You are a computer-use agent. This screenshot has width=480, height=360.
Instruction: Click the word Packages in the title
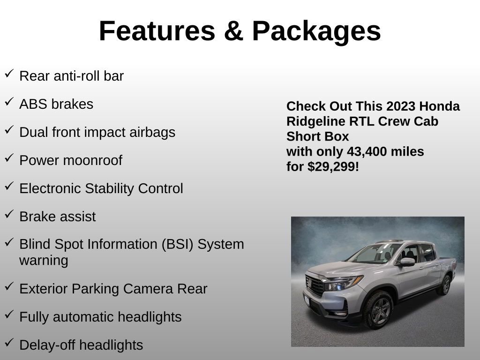316,31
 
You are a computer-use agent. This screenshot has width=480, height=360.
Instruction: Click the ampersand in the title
233,31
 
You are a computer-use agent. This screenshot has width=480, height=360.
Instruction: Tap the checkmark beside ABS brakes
9,102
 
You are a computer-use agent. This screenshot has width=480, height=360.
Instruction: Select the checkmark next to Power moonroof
9,158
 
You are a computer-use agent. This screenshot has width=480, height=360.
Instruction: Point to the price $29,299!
333,167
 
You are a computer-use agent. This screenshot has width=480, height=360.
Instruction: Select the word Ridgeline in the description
316,121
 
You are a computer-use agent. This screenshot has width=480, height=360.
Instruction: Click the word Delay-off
47,345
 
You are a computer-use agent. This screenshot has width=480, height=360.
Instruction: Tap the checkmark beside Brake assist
9,214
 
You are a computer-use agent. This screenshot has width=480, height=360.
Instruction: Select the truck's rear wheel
444,285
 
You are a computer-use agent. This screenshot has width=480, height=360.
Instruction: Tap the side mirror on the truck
407,262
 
